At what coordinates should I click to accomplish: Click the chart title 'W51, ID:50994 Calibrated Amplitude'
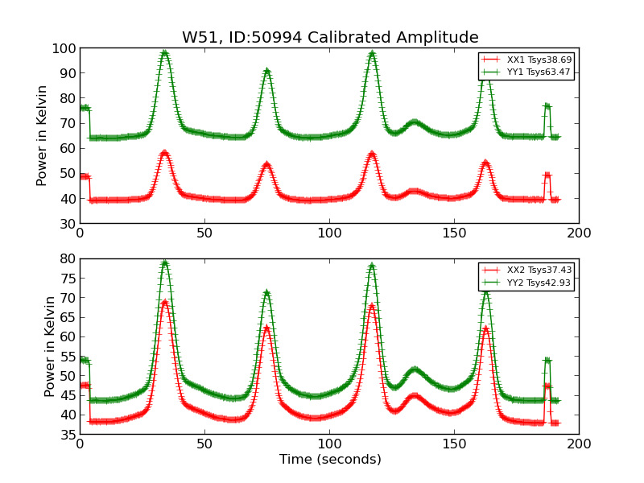pyautogui.click(x=330, y=38)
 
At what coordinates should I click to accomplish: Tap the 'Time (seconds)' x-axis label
pyautogui.click(x=330, y=460)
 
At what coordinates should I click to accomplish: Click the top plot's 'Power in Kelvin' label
pyautogui.click(x=42, y=135)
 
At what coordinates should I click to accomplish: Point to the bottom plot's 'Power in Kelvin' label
pyautogui.click(x=50, y=346)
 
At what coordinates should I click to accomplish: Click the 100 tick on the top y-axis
pyautogui.click(x=64, y=48)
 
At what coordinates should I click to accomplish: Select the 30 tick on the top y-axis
pyautogui.click(x=68, y=224)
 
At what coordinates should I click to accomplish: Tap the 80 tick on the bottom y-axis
pyautogui.click(x=68, y=259)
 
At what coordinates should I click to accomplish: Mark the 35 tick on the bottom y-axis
pyautogui.click(x=68, y=435)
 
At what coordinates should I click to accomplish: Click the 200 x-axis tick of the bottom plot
pyautogui.click(x=579, y=443)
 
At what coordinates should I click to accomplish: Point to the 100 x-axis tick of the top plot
pyautogui.click(x=329, y=232)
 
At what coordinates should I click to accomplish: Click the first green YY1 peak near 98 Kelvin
pyautogui.click(x=164, y=54)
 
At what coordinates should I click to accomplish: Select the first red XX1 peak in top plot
pyautogui.click(x=164, y=152)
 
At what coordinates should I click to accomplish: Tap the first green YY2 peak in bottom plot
pyautogui.click(x=164, y=262)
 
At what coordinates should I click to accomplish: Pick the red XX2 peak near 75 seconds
pyautogui.click(x=266, y=327)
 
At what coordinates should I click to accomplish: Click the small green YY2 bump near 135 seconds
pyautogui.click(x=415, y=369)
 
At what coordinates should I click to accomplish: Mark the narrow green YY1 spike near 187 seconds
pyautogui.click(x=547, y=105)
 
